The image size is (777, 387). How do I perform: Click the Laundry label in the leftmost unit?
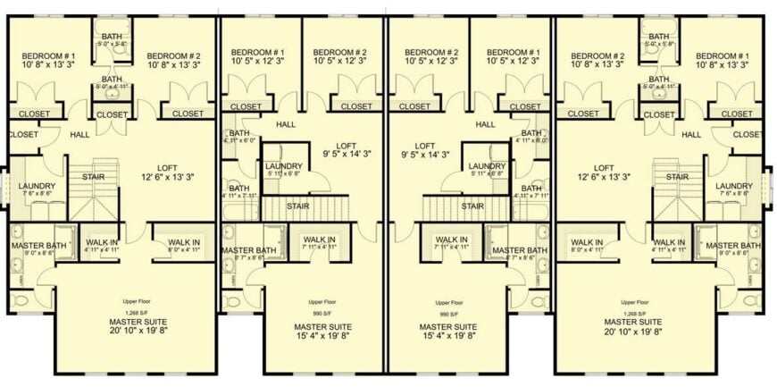tap(31, 187)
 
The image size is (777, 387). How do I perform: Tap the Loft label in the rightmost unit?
tap(605, 167)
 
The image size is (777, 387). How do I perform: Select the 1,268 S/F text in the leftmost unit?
tap(135, 312)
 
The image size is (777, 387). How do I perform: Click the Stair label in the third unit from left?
tap(473, 206)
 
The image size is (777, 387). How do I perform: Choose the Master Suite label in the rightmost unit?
tap(635, 322)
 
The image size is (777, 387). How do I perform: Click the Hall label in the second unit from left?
tap(286, 124)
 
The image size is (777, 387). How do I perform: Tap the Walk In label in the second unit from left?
tap(319, 240)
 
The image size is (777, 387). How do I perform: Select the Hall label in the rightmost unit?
tap(691, 134)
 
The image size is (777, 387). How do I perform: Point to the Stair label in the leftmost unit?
tap(94, 176)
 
